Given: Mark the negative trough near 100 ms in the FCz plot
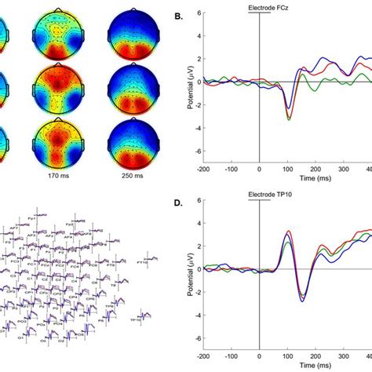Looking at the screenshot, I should [290, 118].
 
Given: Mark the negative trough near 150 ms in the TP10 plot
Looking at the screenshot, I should [303, 299].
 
